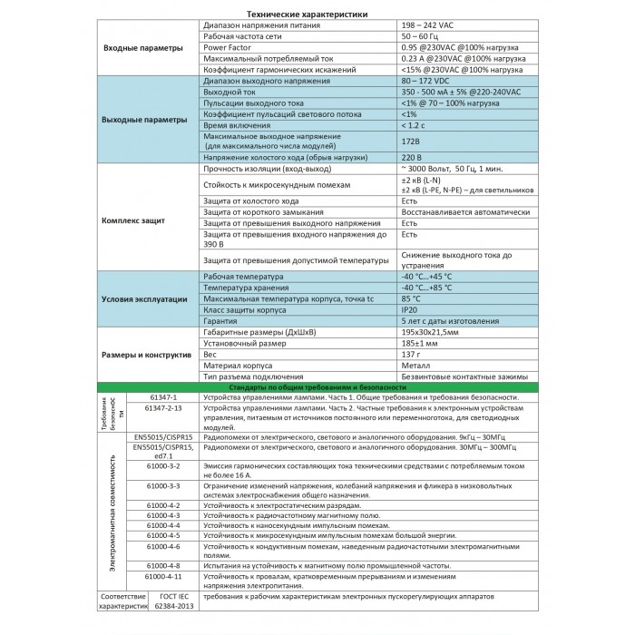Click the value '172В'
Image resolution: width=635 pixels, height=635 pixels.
pos(410,142)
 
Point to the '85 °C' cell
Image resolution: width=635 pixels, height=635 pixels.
pos(410,298)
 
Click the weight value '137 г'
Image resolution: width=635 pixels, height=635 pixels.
pos(410,355)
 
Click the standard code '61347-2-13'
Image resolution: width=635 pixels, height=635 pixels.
pos(165,408)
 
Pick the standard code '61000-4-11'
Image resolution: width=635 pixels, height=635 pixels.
pos(165,576)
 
